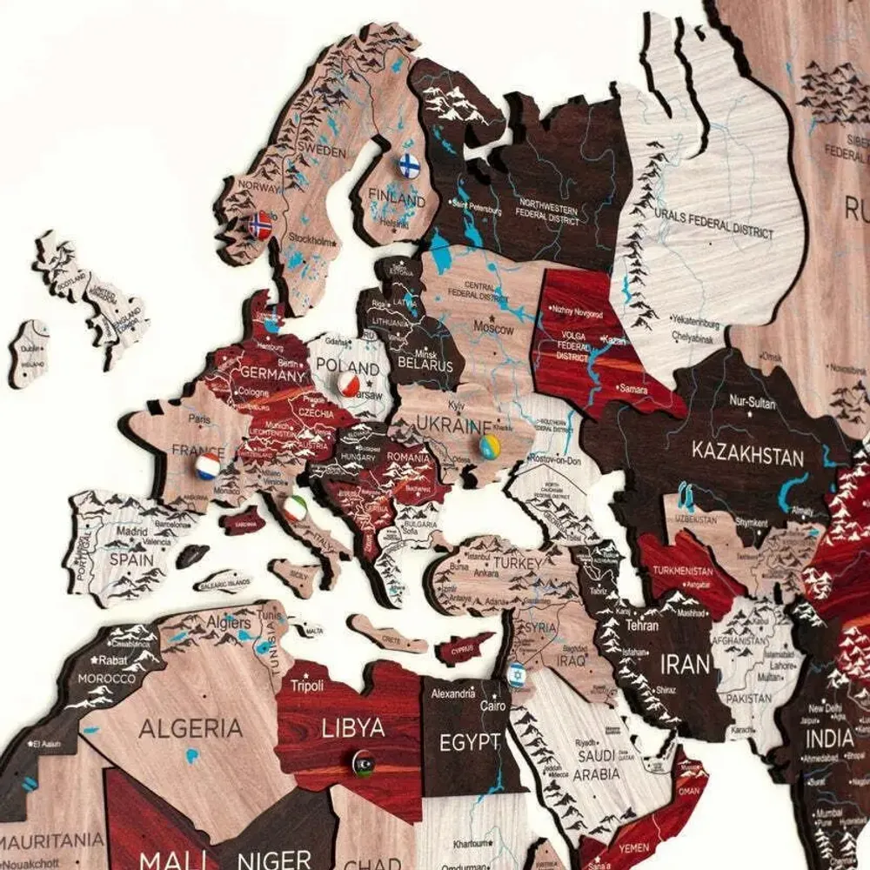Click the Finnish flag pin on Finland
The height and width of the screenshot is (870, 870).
pos(409,164)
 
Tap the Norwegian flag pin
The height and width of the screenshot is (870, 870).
pos(260,225)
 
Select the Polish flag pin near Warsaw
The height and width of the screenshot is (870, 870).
pos(350,384)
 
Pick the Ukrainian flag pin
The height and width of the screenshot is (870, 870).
pos(491,447)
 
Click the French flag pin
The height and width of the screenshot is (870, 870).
pos(208,466)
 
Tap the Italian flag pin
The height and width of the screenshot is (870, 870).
pos(296,508)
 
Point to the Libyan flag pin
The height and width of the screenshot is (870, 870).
pos(365,763)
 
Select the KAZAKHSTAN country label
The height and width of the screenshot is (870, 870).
pos(747,452)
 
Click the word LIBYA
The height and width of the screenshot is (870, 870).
pos(353,727)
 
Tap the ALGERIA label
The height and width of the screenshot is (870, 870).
pos(191,727)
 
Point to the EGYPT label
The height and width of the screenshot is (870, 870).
pos(469,742)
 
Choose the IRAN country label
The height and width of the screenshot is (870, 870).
pos(686,665)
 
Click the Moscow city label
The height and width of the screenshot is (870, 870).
pos(493,330)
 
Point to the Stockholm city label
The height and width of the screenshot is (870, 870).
pos(311,240)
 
